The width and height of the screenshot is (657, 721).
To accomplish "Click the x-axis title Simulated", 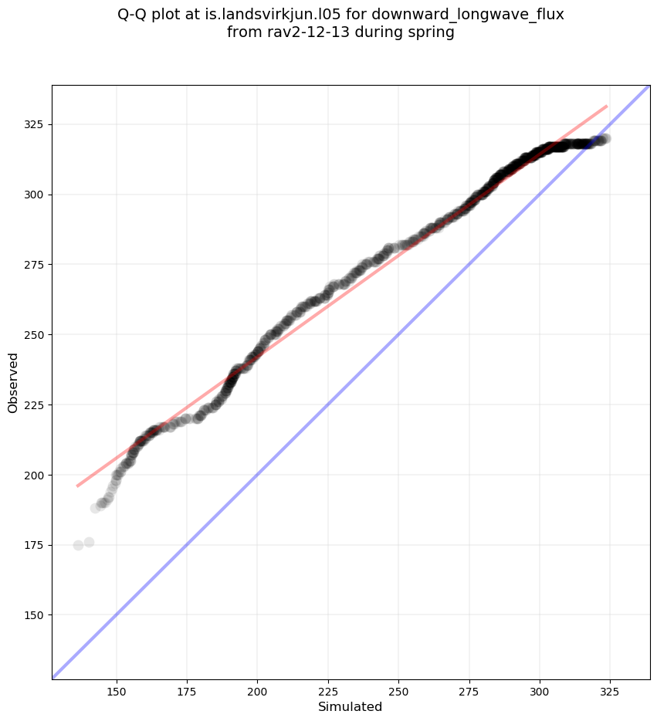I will pos(351,706).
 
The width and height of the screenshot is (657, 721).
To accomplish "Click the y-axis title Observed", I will pos(13,382).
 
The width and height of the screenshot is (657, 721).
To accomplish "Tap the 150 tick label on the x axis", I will pos(117,689).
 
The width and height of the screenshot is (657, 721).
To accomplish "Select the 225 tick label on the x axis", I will pos(328,689).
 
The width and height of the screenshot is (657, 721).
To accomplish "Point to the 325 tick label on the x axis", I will pos(610,689).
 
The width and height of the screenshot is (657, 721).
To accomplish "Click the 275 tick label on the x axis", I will pos(469,689).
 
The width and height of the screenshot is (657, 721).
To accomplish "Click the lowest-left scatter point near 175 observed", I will pos(78,545).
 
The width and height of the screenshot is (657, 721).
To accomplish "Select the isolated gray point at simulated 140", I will pos(89,542).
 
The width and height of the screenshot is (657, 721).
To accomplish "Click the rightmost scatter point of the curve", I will pos(606,139).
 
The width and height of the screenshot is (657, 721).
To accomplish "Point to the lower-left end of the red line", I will pos(77,486).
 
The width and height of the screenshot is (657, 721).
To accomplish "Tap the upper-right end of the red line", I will pos(606,106).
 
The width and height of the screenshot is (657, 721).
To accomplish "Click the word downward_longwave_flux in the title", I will pos(468,15).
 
